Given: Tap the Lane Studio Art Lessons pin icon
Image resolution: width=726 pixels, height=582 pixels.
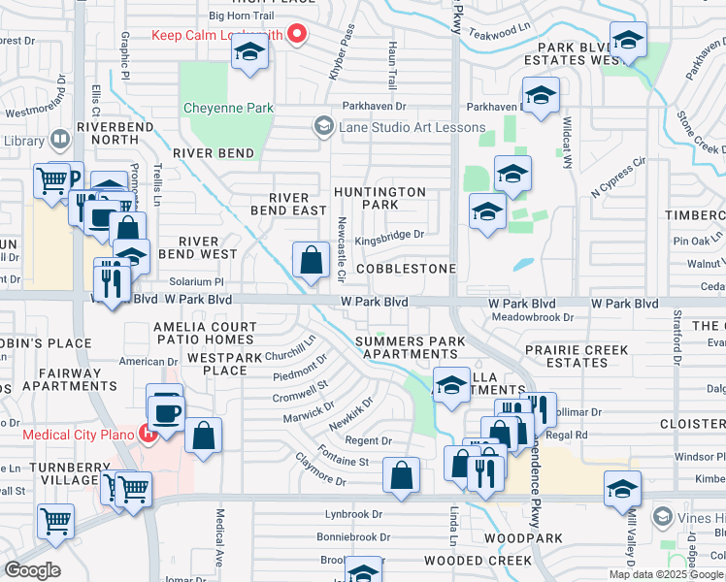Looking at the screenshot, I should (x=323, y=127).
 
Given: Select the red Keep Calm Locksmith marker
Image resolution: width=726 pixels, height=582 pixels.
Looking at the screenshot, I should (x=298, y=36).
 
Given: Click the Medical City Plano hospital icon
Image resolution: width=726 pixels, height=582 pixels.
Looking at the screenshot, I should (x=148, y=434).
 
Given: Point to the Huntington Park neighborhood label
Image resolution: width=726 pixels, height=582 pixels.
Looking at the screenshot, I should (x=379, y=199).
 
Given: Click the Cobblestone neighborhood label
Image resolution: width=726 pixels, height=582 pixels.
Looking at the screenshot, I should (x=406, y=268).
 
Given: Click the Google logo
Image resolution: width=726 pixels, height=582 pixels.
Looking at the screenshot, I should (x=33, y=570).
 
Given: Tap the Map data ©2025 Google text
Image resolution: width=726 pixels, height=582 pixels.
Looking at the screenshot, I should (x=666, y=574).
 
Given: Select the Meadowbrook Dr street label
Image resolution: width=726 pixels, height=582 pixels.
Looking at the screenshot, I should (x=533, y=317).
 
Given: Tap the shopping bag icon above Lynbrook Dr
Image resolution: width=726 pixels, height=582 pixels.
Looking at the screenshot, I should (x=401, y=475).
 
